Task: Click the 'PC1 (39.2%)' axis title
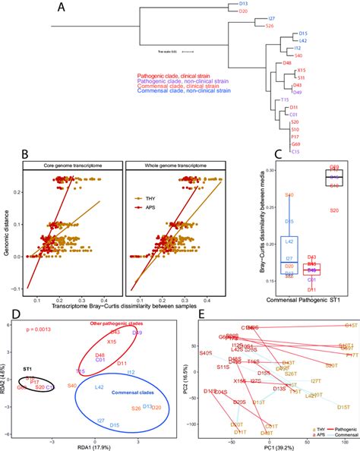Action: pos(276,445)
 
